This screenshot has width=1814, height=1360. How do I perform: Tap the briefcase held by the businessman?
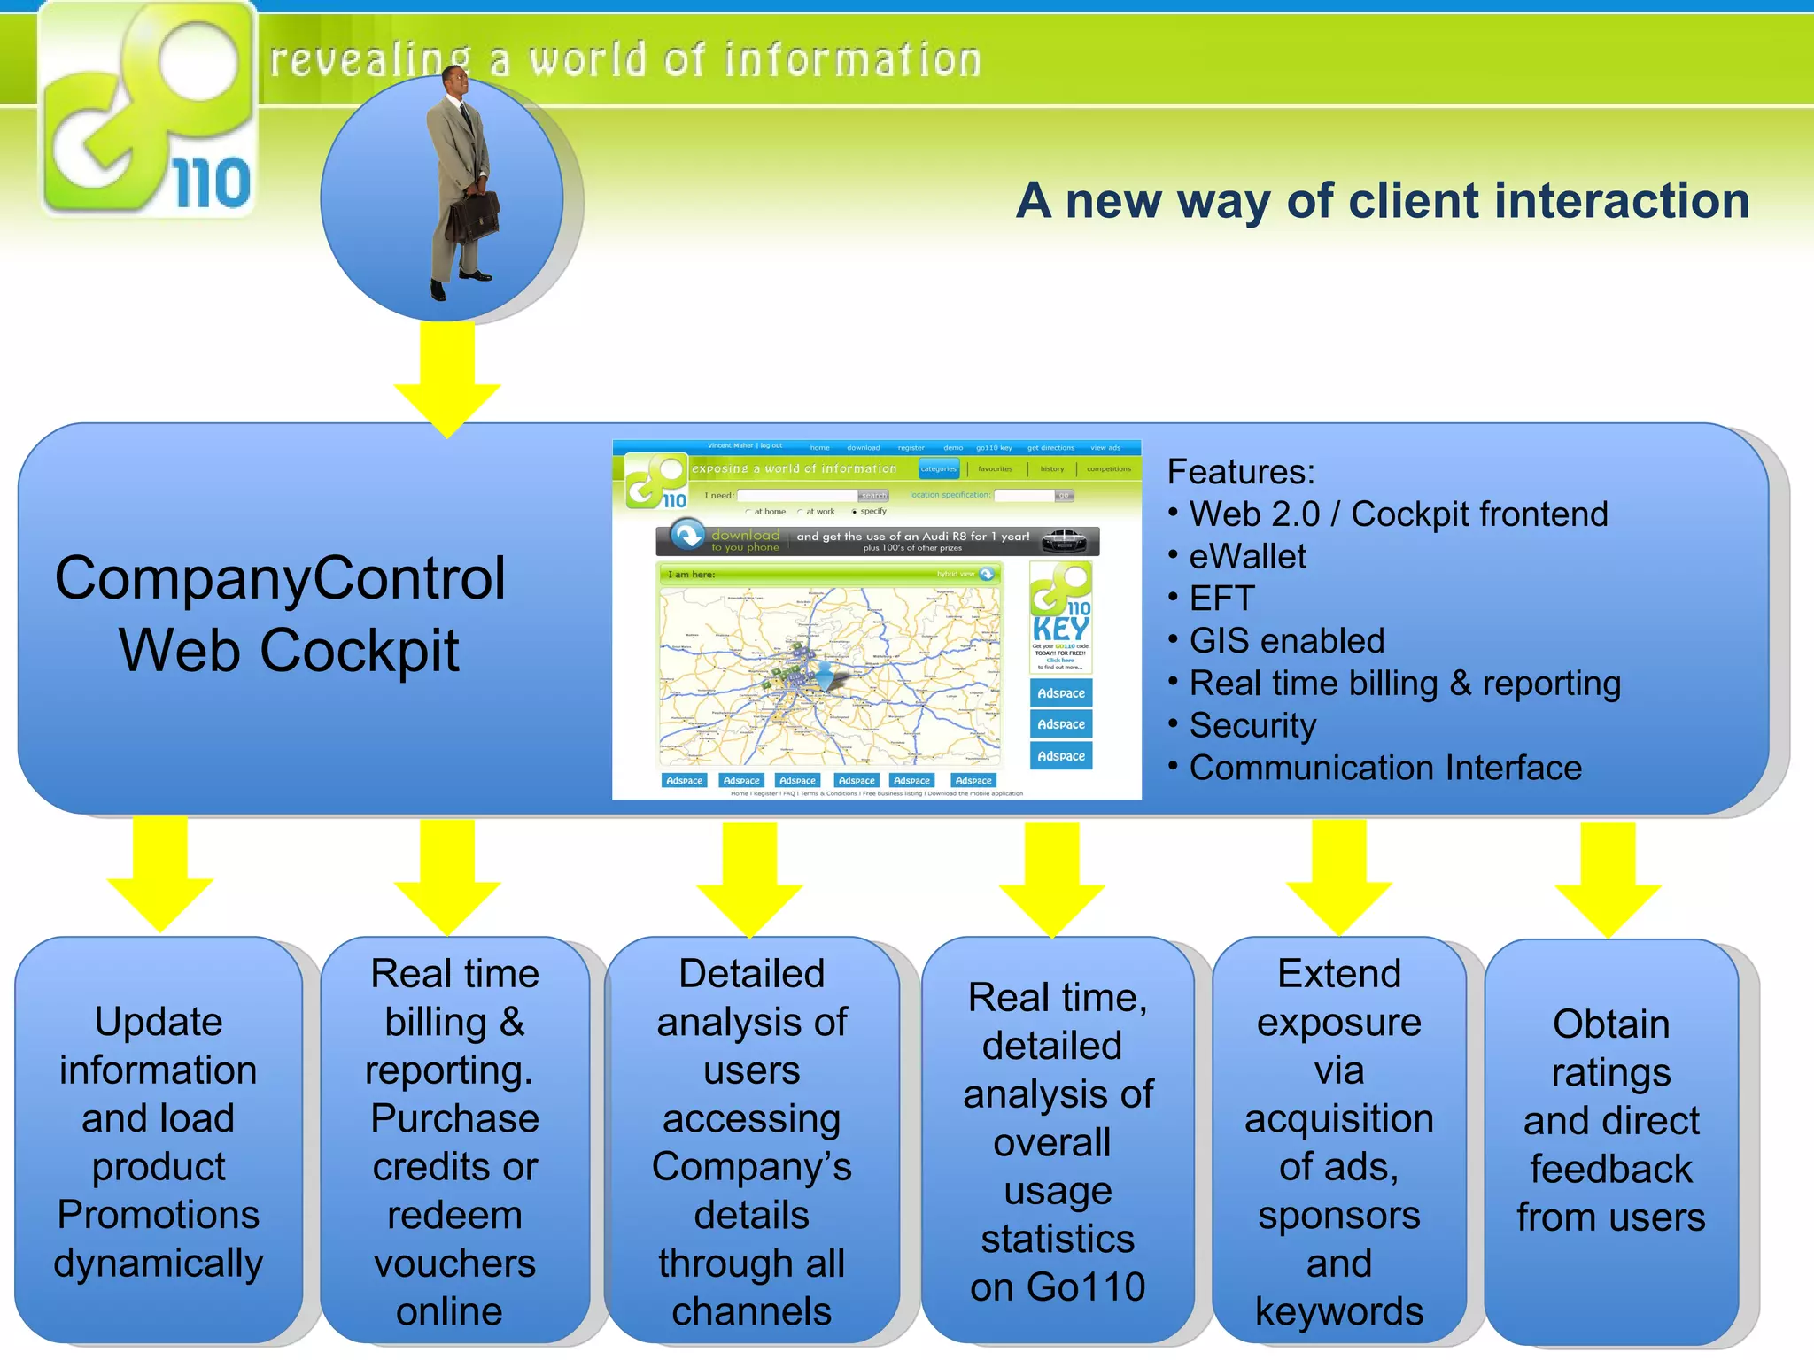click(x=472, y=217)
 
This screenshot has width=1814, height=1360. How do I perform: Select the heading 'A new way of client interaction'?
click(x=1382, y=201)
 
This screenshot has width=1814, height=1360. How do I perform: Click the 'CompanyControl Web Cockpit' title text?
click(x=282, y=614)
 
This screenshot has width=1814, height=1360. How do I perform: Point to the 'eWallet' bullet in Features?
click(x=1246, y=557)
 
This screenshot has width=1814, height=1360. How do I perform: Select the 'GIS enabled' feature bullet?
click(x=1286, y=641)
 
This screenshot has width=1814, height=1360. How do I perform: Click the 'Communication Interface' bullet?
click(x=1384, y=768)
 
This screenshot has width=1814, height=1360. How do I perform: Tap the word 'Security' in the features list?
click(x=1252, y=725)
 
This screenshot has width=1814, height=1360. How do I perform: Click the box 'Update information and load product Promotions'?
click(x=159, y=1141)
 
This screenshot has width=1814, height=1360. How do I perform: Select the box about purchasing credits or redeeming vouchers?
click(x=454, y=1141)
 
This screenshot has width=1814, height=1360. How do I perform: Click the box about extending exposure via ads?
click(x=1338, y=1141)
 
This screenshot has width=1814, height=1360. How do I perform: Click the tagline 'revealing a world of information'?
click(x=625, y=60)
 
